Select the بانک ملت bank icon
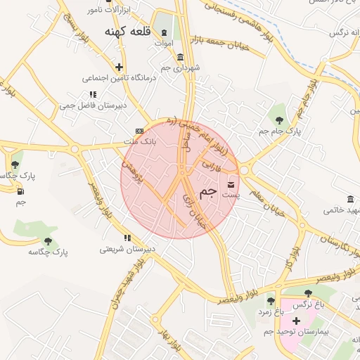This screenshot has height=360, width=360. click(139, 131)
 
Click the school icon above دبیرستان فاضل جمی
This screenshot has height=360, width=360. click(92, 94)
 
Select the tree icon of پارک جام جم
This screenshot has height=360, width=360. click(280, 120)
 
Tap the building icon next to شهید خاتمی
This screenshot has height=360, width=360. click(350, 199)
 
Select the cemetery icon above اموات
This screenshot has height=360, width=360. click(165, 33)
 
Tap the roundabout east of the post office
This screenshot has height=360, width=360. click(244, 169)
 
